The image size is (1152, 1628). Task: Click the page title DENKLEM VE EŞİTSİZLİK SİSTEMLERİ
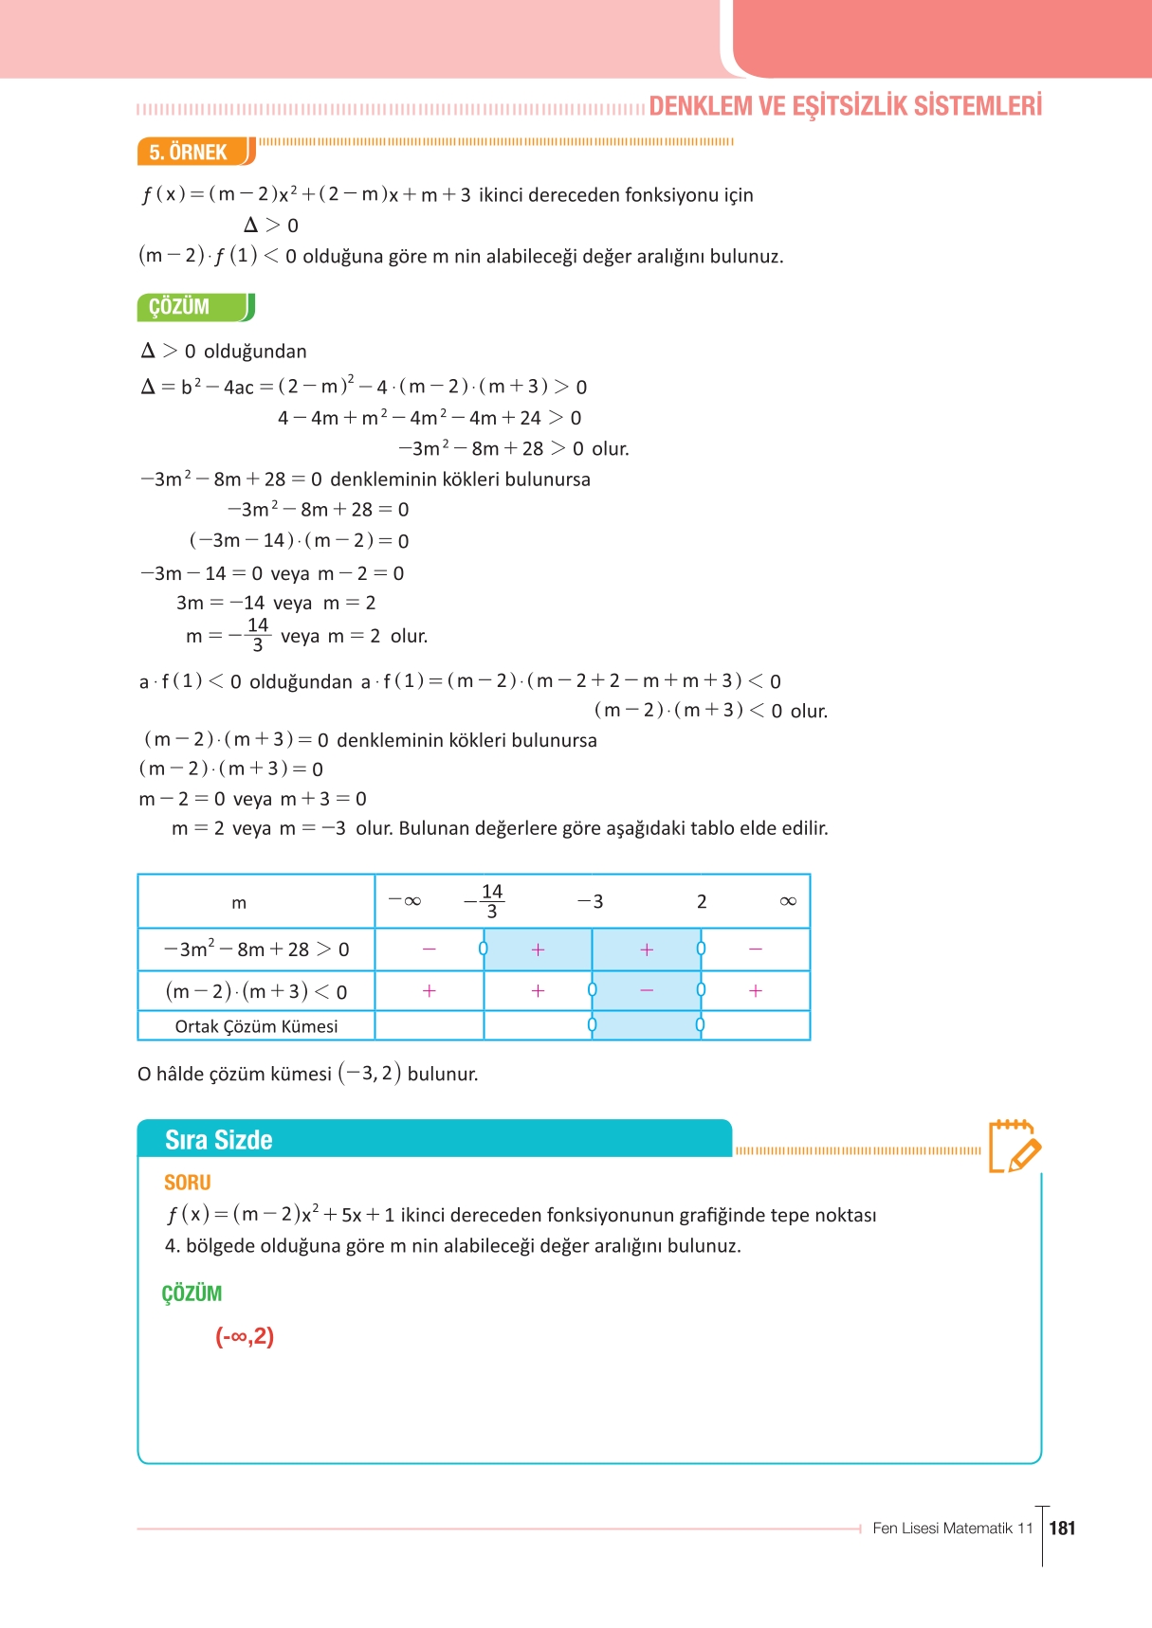point(845,106)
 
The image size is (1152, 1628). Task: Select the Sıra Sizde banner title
point(219,1139)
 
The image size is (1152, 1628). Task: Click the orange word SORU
point(187,1183)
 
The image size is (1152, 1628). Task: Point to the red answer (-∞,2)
point(245,1336)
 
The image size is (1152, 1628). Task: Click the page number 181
point(1063,1528)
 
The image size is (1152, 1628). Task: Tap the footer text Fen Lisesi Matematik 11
point(952,1528)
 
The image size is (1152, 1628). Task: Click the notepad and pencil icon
point(1014,1147)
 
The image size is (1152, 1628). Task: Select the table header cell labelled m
point(239,903)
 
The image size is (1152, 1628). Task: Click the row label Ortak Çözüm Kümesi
point(256,1026)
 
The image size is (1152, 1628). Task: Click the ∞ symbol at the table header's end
point(788,901)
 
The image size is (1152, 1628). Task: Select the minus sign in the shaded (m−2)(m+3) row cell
point(647,990)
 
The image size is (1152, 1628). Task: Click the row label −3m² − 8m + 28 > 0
point(256,950)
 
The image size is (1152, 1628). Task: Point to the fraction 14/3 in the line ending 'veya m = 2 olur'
point(257,635)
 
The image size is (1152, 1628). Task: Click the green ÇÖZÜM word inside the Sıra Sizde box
point(192,1293)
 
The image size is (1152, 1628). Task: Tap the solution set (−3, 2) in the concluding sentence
point(370,1074)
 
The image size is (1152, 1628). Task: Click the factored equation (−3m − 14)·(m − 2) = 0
point(299,541)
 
